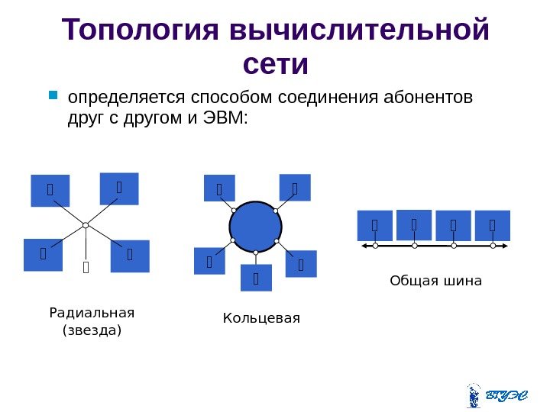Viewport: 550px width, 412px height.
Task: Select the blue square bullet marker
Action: tap(53, 97)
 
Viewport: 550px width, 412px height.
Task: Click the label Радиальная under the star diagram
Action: tap(91, 313)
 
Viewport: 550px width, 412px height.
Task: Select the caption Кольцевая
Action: tap(261, 317)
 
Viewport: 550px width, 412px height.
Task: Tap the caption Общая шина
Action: tap(435, 281)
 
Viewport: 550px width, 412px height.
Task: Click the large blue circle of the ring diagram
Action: tap(256, 227)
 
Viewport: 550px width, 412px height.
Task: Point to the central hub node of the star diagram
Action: tap(86, 224)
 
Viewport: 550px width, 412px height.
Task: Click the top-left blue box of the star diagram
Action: tap(50, 191)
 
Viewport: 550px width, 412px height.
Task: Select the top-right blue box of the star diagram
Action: tap(119, 188)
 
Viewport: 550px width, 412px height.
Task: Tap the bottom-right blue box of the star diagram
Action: tap(129, 256)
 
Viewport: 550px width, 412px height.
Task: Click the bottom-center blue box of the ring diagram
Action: tap(256, 278)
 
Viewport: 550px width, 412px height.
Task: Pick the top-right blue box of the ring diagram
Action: tap(295, 187)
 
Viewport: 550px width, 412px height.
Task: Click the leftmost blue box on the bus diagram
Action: tap(374, 226)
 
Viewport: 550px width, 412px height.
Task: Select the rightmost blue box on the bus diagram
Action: tap(492, 226)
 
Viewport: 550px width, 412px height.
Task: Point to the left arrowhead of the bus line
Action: tap(364, 246)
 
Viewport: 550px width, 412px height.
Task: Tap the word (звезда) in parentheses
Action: tap(91, 330)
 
